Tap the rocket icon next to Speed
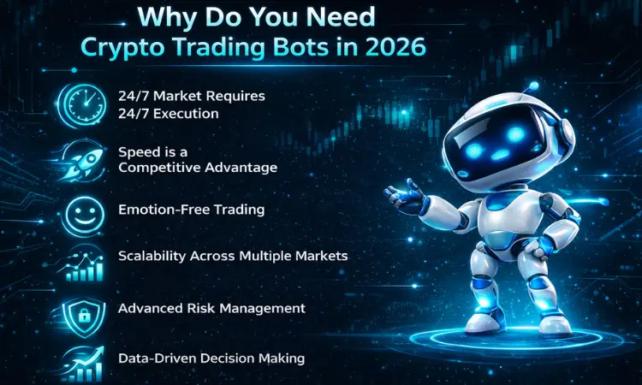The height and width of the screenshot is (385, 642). tap(84, 157)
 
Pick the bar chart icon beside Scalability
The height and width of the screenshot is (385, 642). tap(84, 262)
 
